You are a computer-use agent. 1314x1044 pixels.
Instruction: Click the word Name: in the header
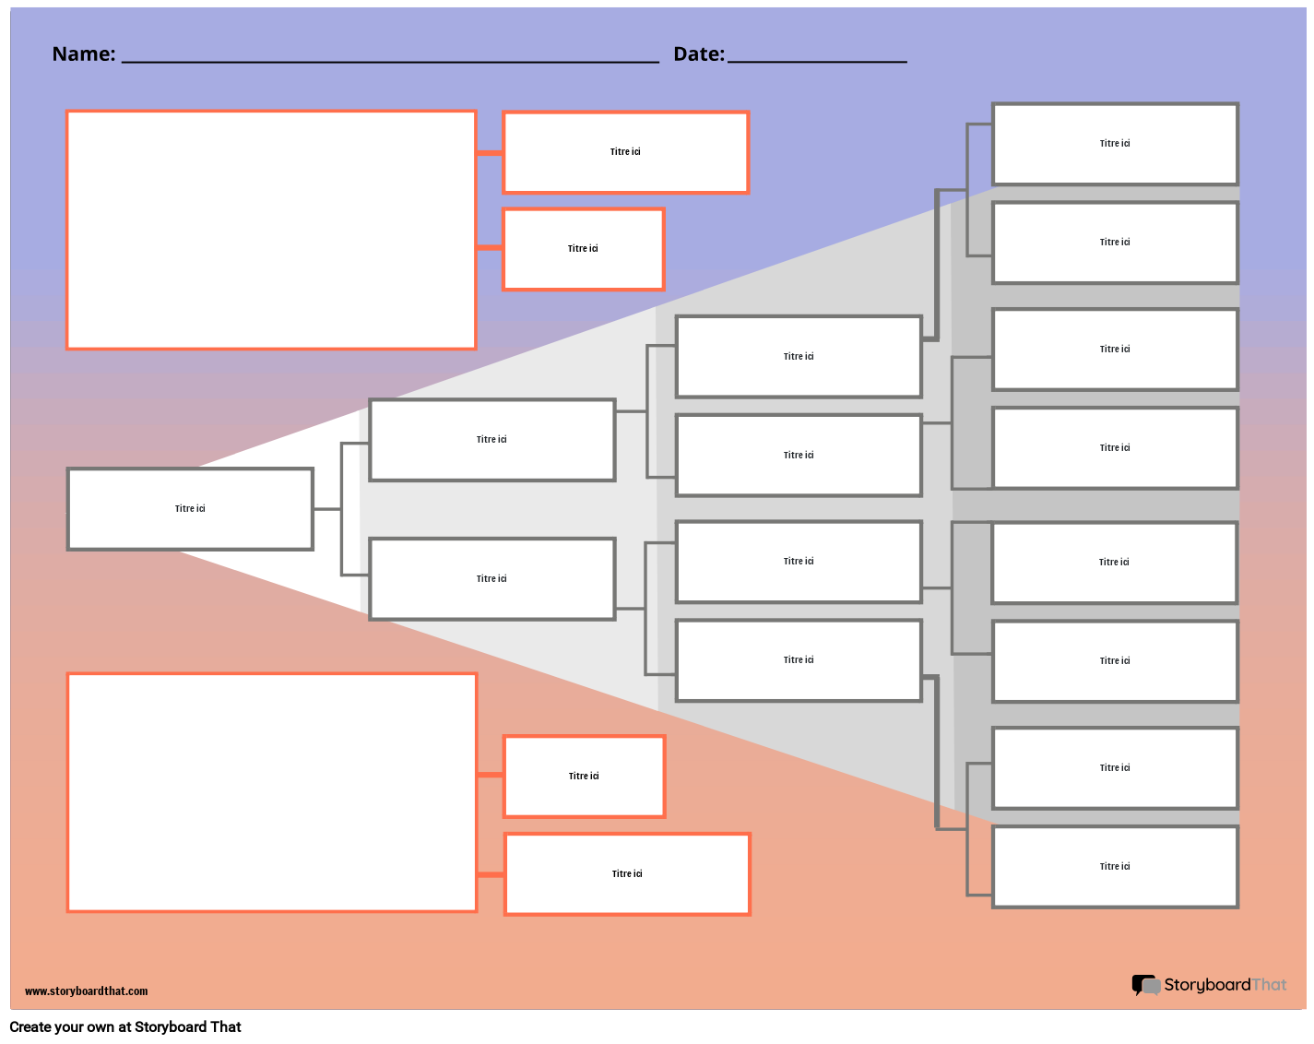pyautogui.click(x=84, y=54)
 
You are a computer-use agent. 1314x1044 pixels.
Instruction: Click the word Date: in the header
pyautogui.click(x=699, y=54)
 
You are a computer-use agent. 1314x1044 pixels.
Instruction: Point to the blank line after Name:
pyautogui.click(x=390, y=61)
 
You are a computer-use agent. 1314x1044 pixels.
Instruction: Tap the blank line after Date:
pyautogui.click(x=817, y=61)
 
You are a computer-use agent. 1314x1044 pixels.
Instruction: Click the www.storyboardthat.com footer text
pyautogui.click(x=86, y=991)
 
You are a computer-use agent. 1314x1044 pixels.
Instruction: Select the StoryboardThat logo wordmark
pyautogui.click(x=1225, y=985)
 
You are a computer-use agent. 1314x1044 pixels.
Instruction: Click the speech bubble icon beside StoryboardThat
pyautogui.click(x=1145, y=986)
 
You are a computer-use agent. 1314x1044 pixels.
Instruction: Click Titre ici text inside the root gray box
pyautogui.click(x=190, y=509)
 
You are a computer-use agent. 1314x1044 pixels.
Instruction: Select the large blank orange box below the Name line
pyautogui.click(x=271, y=230)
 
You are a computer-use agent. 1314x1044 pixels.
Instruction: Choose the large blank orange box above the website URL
pyautogui.click(x=272, y=792)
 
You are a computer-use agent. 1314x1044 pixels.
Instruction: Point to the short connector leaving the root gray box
pyautogui.click(x=327, y=509)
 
